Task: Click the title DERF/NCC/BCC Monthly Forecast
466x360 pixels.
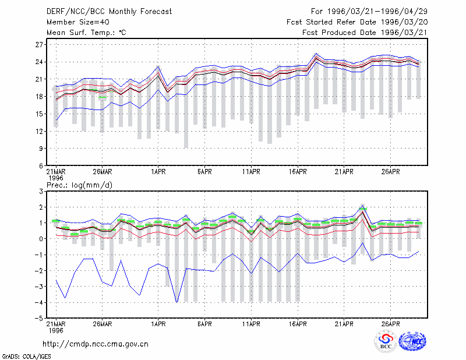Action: tap(109, 12)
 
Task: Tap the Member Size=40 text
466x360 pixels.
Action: tap(78, 22)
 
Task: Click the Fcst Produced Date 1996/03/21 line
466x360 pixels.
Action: tap(365, 33)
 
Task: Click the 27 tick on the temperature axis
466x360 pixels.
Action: tap(39, 45)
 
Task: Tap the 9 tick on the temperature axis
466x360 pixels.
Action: tap(41, 149)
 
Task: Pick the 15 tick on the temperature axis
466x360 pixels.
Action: tap(39, 114)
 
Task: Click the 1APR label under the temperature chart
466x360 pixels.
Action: tap(158, 172)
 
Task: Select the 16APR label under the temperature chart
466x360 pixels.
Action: tap(298, 172)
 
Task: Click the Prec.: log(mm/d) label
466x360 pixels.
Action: tap(79, 185)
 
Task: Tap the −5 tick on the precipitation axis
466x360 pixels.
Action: tap(38, 319)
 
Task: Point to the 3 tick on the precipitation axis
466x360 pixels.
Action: tap(41, 192)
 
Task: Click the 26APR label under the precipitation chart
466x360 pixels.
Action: tap(390, 324)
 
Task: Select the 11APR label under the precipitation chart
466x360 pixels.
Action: tap(251, 324)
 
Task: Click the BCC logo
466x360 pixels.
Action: tap(386, 341)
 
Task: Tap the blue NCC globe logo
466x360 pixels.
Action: tap(413, 341)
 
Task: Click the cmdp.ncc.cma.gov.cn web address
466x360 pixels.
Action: tap(96, 344)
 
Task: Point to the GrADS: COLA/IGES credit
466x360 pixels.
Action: tap(26, 357)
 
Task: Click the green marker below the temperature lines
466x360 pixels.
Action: tap(103, 97)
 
